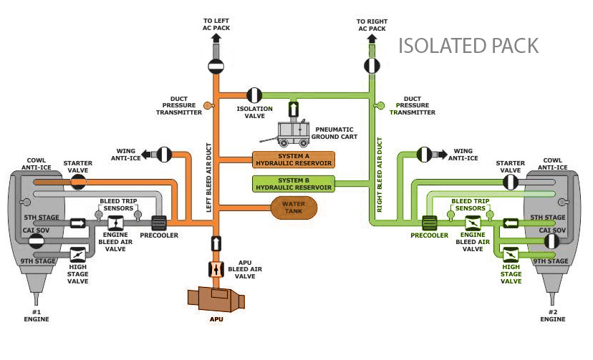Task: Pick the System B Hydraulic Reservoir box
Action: click(x=294, y=183)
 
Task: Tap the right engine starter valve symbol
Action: click(x=510, y=181)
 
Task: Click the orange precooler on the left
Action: click(x=158, y=223)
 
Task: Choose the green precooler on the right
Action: click(x=430, y=223)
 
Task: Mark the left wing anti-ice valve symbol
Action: click(x=165, y=153)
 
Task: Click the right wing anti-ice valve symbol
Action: click(x=425, y=153)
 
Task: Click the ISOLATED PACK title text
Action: click(x=468, y=46)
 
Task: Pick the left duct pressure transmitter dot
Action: click(x=208, y=106)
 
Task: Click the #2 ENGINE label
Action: click(x=553, y=315)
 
